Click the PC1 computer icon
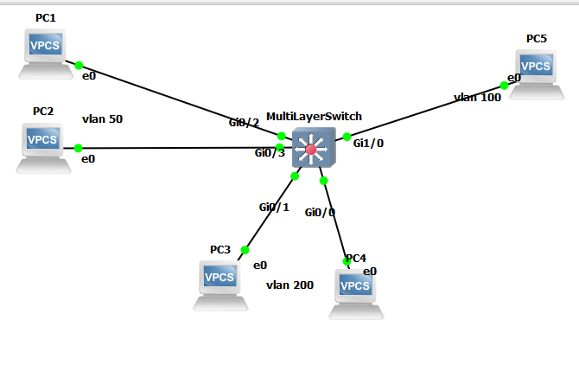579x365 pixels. [45, 50]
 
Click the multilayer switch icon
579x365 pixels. [310, 149]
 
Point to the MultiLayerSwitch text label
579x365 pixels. [314, 116]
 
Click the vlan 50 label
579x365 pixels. [102, 118]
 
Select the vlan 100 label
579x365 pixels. [477, 98]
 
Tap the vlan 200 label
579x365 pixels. [289, 285]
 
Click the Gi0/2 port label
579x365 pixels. [244, 123]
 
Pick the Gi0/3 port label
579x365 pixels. [270, 153]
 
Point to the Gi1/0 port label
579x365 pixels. [368, 144]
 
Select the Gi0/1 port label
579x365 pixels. [274, 207]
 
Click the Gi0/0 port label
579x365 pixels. [320, 211]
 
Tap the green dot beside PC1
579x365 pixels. [79, 65]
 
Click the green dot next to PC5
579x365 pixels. [504, 85]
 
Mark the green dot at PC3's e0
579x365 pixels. [245, 250]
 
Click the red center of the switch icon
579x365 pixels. [310, 150]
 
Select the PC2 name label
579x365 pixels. [43, 111]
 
